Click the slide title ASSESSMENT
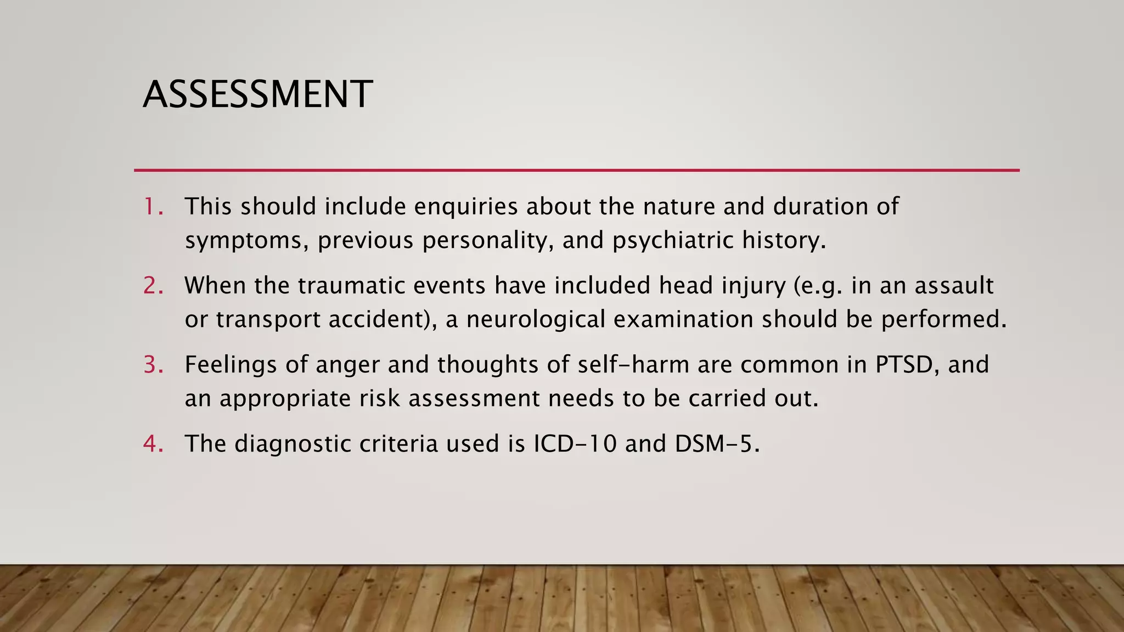(x=257, y=94)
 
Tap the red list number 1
(x=153, y=207)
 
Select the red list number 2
(x=153, y=286)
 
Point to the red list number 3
(x=153, y=365)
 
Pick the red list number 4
(x=153, y=444)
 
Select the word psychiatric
(x=673, y=241)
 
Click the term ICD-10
(x=575, y=444)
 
